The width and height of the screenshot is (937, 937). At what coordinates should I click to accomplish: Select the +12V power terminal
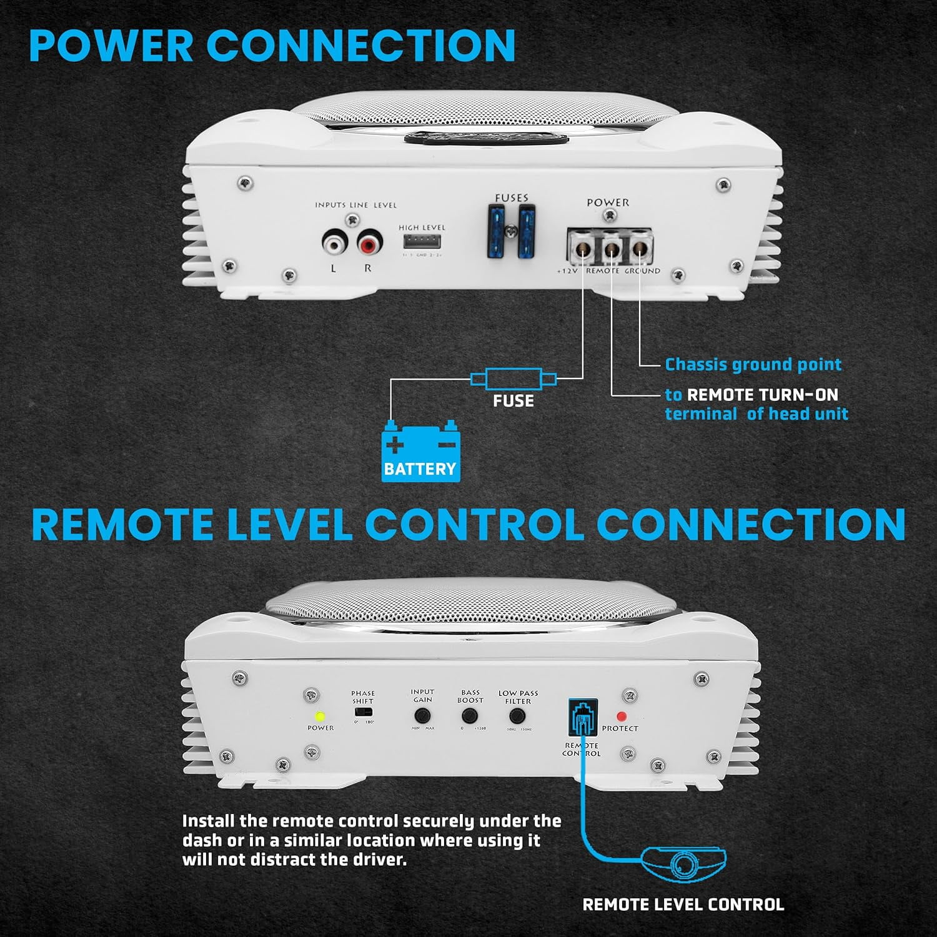[582, 249]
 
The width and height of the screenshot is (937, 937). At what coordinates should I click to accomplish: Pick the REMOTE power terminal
[611, 249]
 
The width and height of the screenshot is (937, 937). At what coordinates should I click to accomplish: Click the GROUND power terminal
[638, 249]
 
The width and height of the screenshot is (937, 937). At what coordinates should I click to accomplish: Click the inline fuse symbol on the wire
[513, 379]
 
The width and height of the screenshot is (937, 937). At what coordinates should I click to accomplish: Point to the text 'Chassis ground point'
[753, 364]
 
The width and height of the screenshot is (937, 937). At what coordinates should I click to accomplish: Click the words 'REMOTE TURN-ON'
[762, 395]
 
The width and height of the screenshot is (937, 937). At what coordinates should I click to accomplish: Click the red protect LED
[621, 716]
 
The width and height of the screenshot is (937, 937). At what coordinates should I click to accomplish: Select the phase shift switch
[363, 711]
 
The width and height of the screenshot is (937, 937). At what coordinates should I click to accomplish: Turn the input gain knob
[422, 715]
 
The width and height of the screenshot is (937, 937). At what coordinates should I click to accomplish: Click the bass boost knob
[470, 715]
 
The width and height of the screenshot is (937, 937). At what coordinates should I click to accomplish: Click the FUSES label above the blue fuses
[512, 198]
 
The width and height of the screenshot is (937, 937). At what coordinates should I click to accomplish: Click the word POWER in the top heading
[111, 46]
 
